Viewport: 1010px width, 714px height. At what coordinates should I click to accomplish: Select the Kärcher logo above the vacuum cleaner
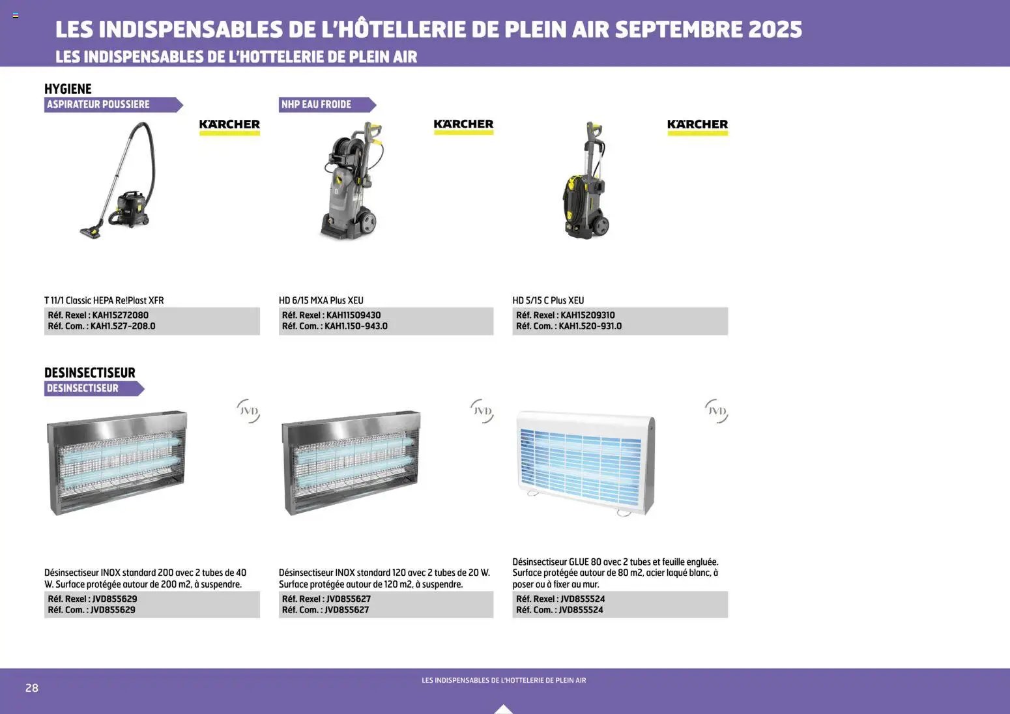pos(229,126)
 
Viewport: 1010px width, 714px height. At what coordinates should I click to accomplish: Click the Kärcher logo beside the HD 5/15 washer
pos(697,126)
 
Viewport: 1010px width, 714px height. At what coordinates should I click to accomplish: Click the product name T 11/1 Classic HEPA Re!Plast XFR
pos(104,300)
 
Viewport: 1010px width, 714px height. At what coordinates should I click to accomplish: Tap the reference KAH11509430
pos(353,315)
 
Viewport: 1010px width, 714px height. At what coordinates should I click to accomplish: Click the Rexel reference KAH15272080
pos(120,315)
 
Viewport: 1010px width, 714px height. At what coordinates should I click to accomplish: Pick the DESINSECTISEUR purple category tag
pos(93,388)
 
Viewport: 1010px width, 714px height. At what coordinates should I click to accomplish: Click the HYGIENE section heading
pos(68,89)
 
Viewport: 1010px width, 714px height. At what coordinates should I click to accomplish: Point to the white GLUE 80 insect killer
pos(585,463)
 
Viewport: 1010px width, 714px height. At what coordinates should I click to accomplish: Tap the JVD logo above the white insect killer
pos(716,411)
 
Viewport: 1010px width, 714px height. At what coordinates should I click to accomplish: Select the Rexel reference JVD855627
pos(348,599)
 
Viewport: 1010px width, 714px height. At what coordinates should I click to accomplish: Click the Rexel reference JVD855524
pos(583,599)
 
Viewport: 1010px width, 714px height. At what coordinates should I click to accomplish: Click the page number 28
pos(32,688)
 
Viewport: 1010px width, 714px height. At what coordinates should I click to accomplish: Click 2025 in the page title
pos(775,29)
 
